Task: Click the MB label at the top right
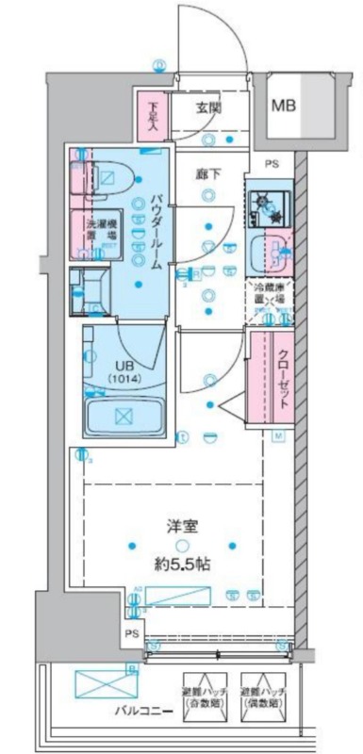[x=284, y=106]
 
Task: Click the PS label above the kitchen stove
[x=272, y=164]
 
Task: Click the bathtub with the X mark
[x=123, y=415]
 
